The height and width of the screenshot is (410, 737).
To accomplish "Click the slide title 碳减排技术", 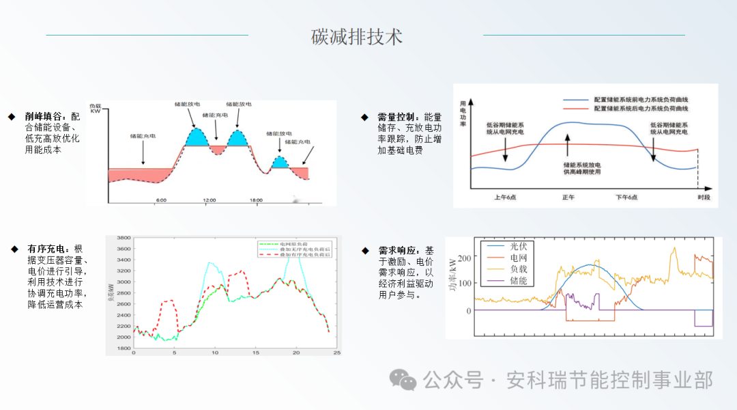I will pyautogui.click(x=357, y=36).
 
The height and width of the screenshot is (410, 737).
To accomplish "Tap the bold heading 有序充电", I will pyautogui.click(x=47, y=249).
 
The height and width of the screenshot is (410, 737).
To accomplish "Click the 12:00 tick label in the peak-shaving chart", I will pyautogui.click(x=209, y=200).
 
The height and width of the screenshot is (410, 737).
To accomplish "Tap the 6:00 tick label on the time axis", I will pyautogui.click(x=161, y=200).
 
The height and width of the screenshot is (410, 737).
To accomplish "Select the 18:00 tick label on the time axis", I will pyautogui.click(x=256, y=200).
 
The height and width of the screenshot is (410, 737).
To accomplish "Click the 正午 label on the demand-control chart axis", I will pyautogui.click(x=568, y=197).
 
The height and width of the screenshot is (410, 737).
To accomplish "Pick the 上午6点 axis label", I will pyautogui.click(x=506, y=197).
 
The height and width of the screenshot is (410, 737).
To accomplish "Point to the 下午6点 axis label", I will pyautogui.click(x=626, y=197).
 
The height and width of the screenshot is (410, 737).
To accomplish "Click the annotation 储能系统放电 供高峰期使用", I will pyautogui.click(x=582, y=168).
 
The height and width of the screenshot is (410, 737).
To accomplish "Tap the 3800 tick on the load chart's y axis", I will pyautogui.click(x=124, y=238).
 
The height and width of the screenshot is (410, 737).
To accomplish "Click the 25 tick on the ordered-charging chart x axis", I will pyautogui.click(x=337, y=353).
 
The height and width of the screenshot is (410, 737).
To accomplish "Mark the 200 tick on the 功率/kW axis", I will pyautogui.click(x=464, y=258).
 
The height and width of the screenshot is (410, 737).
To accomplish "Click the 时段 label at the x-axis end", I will pyautogui.click(x=704, y=197).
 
